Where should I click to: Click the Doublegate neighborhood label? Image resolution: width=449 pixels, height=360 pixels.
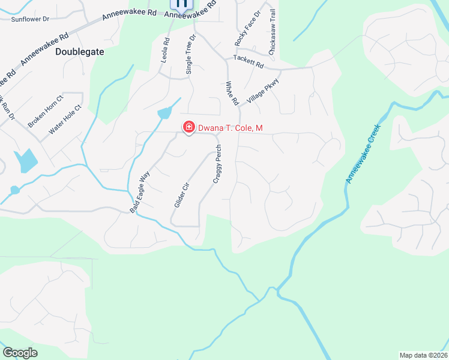[80, 52]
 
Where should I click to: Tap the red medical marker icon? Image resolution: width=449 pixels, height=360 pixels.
[188, 127]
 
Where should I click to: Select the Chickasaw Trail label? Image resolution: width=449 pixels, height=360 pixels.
[273, 32]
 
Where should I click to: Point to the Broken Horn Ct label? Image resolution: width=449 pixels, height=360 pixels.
[46, 111]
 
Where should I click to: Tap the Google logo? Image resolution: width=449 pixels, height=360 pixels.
[20, 353]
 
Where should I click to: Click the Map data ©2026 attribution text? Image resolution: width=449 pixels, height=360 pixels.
[423, 355]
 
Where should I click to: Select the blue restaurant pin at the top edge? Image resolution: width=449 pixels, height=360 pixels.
[182, 4]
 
